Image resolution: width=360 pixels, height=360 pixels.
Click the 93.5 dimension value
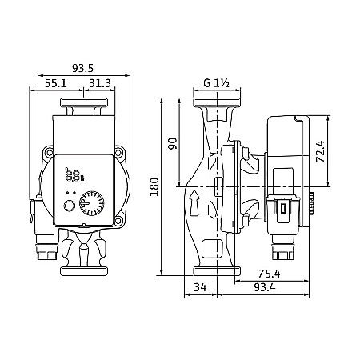(x=82, y=68)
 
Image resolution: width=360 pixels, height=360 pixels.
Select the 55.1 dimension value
(x=56, y=83)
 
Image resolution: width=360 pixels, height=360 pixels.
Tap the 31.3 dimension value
(x=100, y=83)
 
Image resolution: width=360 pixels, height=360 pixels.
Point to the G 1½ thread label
(x=216, y=83)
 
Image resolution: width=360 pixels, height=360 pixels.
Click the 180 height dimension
(x=154, y=186)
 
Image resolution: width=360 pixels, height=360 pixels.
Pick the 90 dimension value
(x=173, y=143)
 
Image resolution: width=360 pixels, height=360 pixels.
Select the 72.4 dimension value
(x=320, y=151)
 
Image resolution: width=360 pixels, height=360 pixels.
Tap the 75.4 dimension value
(x=269, y=274)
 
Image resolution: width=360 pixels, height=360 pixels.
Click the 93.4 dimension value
(x=265, y=287)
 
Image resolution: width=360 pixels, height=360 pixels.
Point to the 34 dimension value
(x=200, y=287)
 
